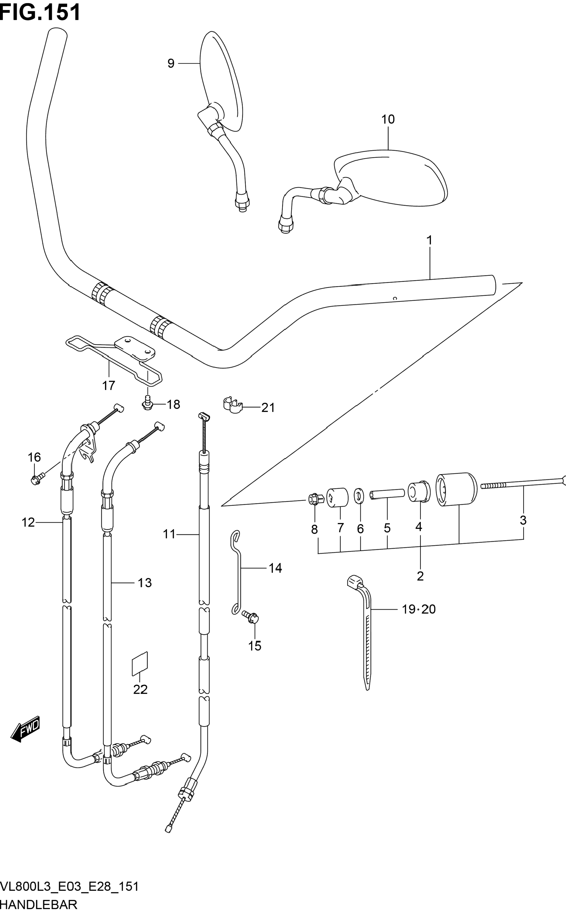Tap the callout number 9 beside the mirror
171,64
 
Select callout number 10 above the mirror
388,119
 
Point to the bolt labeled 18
147,403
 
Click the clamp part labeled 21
233,405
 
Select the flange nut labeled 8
314,499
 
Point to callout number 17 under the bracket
109,385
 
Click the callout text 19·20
419,609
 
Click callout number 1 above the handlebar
429,240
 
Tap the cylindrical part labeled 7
337,497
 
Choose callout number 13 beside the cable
145,583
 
